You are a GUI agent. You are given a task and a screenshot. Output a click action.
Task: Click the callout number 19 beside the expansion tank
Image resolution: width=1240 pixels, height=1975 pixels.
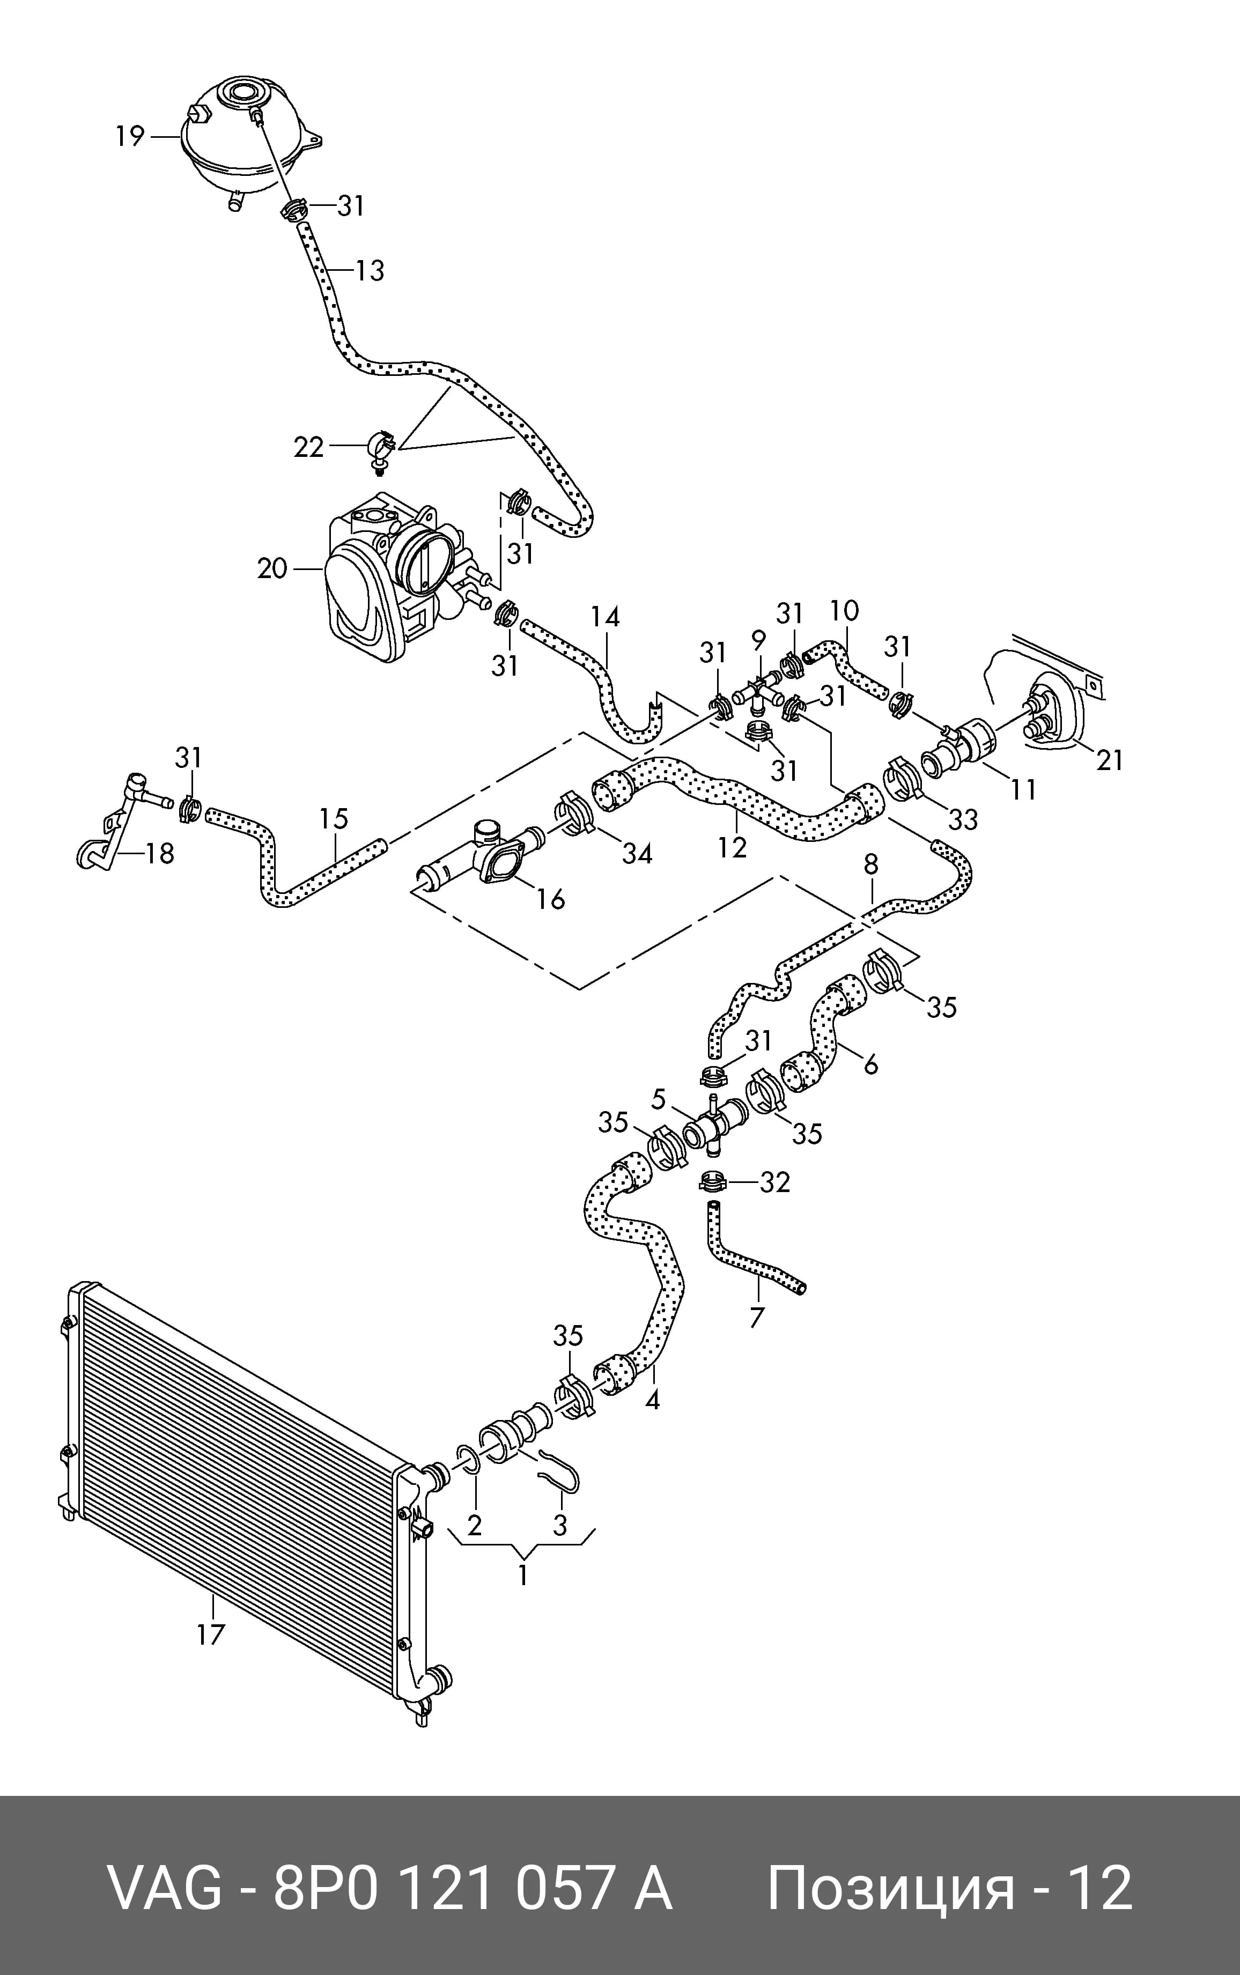130,136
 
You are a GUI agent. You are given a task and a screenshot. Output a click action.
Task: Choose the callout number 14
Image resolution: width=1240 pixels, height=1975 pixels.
605,617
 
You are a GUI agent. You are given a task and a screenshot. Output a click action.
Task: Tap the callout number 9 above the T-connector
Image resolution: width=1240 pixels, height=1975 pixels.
758,640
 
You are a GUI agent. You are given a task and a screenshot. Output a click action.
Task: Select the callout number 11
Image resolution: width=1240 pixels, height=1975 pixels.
1023,789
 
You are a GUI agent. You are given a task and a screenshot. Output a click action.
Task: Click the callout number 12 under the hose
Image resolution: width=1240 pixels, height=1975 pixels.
732,847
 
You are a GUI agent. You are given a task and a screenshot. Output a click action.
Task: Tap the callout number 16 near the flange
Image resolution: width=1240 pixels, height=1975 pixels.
551,899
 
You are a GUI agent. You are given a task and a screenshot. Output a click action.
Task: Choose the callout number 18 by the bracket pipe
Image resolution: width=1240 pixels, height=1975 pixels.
160,854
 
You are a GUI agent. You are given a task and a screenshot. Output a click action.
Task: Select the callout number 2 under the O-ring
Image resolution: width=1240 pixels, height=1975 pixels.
474,1525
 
